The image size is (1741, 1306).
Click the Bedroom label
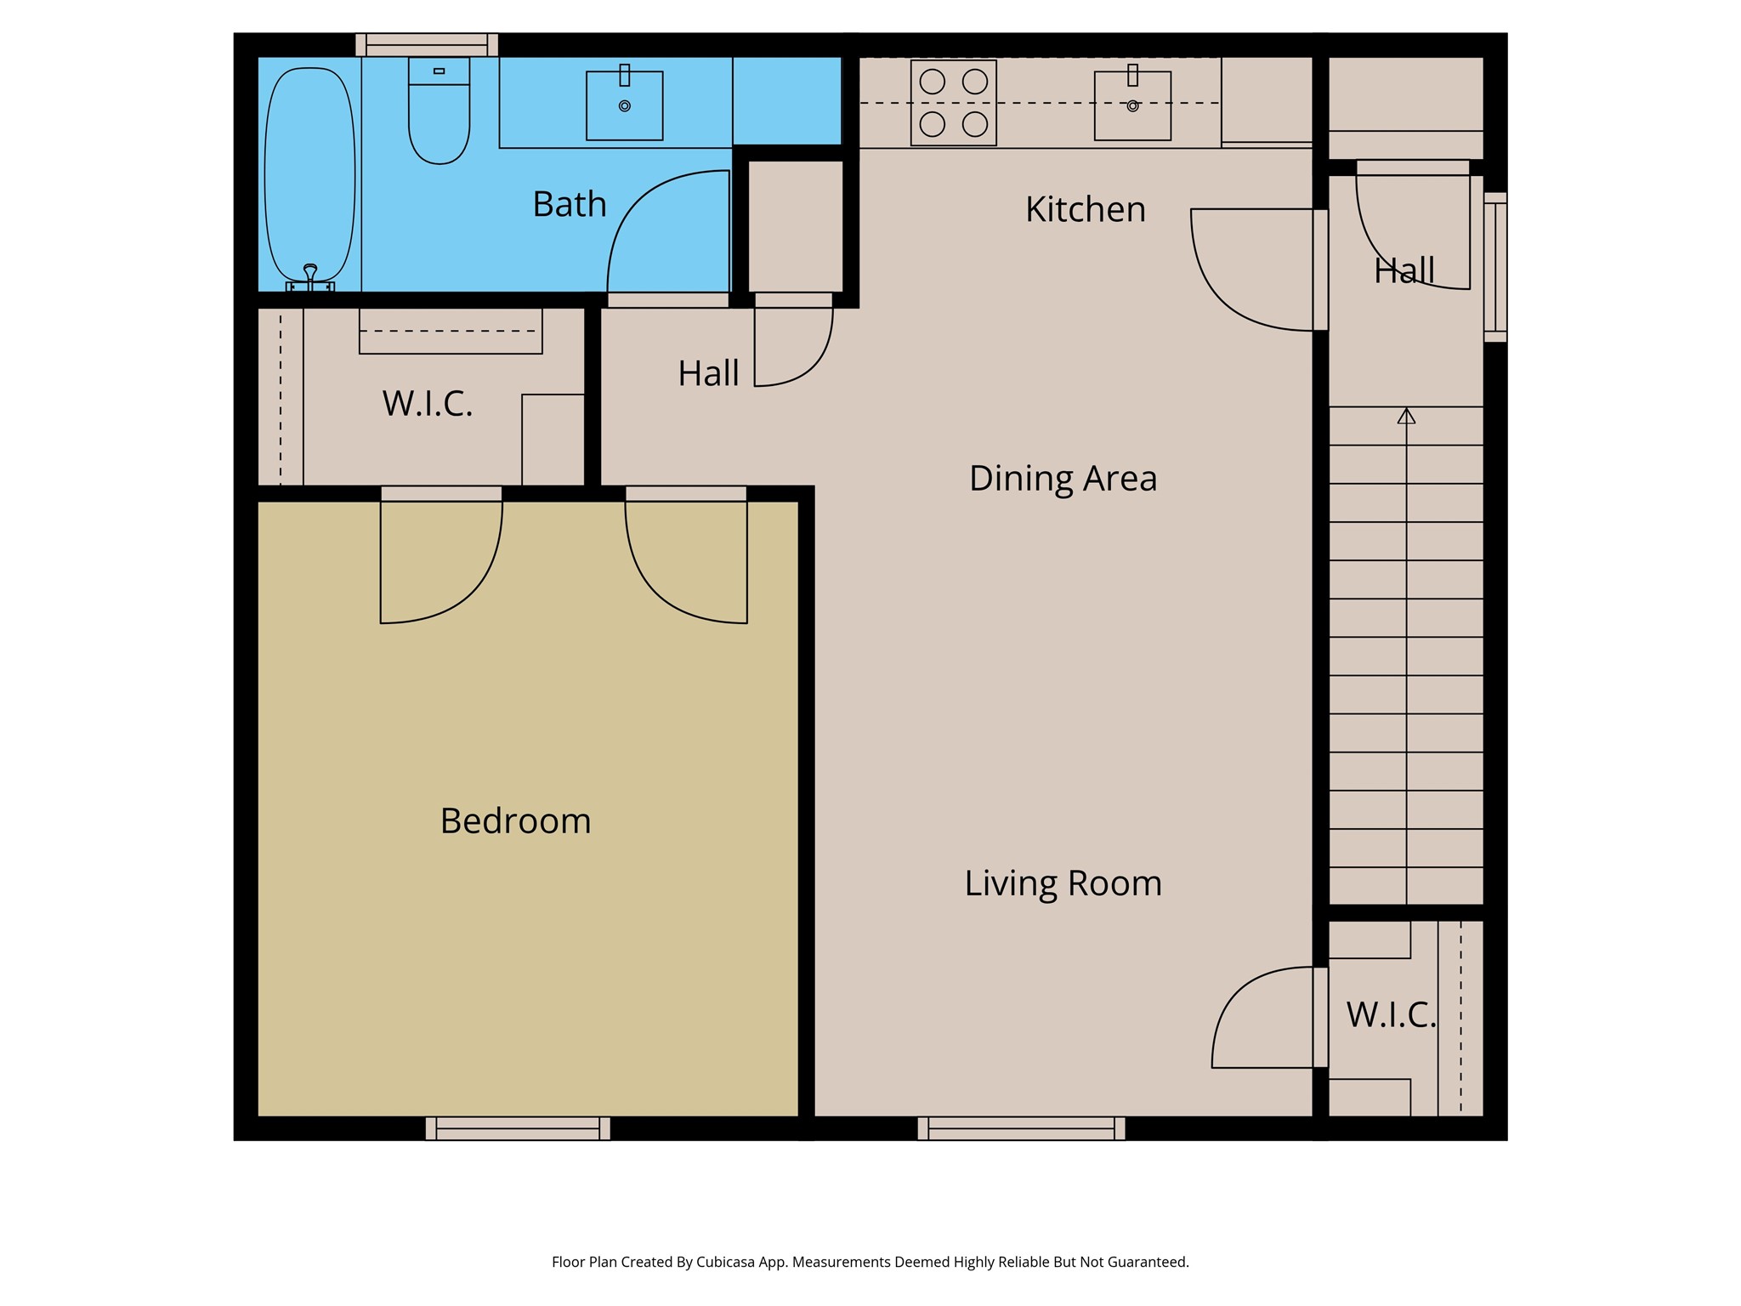click(515, 821)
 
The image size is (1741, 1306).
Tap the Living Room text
click(1063, 883)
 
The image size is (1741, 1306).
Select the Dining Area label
click(1063, 479)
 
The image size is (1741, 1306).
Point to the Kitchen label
click(1086, 209)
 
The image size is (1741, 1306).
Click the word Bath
click(570, 204)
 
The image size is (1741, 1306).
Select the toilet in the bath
click(439, 111)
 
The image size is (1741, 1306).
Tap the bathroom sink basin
click(625, 105)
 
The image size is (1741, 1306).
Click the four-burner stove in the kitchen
click(954, 103)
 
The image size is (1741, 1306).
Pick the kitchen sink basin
click(1132, 105)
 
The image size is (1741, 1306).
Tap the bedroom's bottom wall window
click(518, 1128)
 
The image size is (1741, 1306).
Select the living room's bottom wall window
click(1022, 1128)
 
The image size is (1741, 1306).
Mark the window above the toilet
click(427, 44)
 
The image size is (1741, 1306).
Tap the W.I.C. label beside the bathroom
click(428, 404)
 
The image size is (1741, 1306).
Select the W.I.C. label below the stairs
click(1391, 1014)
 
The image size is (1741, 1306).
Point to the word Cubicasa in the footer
click(727, 1262)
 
